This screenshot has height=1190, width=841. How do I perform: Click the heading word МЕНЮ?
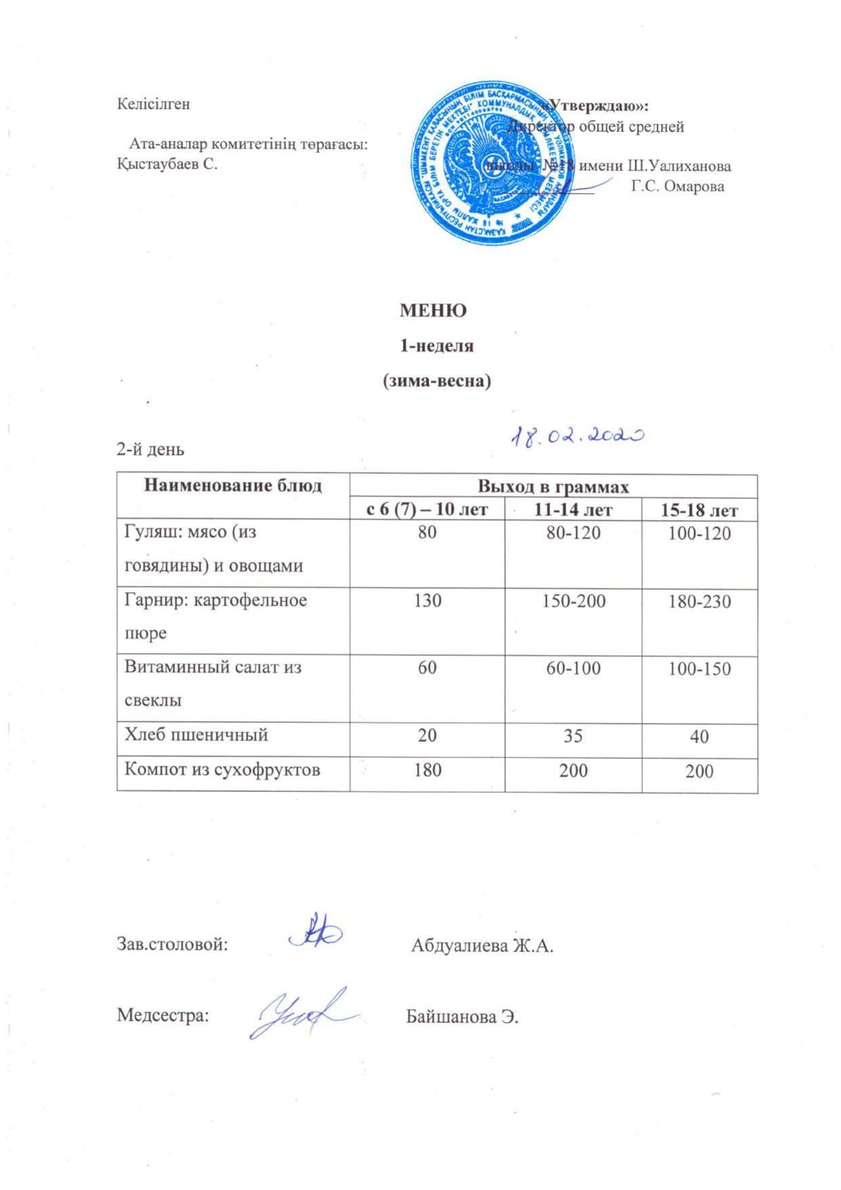[433, 311]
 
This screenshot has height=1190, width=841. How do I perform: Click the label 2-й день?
[151, 450]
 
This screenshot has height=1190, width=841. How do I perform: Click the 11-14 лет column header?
[573, 510]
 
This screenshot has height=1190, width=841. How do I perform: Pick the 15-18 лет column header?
[699, 510]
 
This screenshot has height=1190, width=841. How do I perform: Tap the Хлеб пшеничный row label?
[197, 734]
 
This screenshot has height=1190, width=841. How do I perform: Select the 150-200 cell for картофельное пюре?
[573, 601]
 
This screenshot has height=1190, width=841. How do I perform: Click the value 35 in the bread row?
[573, 736]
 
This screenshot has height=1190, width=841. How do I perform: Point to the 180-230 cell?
[699, 601]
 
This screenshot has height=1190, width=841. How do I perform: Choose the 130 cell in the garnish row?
[427, 601]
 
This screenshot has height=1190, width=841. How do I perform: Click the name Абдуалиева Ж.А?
[482, 945]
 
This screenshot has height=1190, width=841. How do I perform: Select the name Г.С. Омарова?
[678, 186]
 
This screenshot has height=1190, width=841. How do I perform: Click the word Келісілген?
[154, 104]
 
